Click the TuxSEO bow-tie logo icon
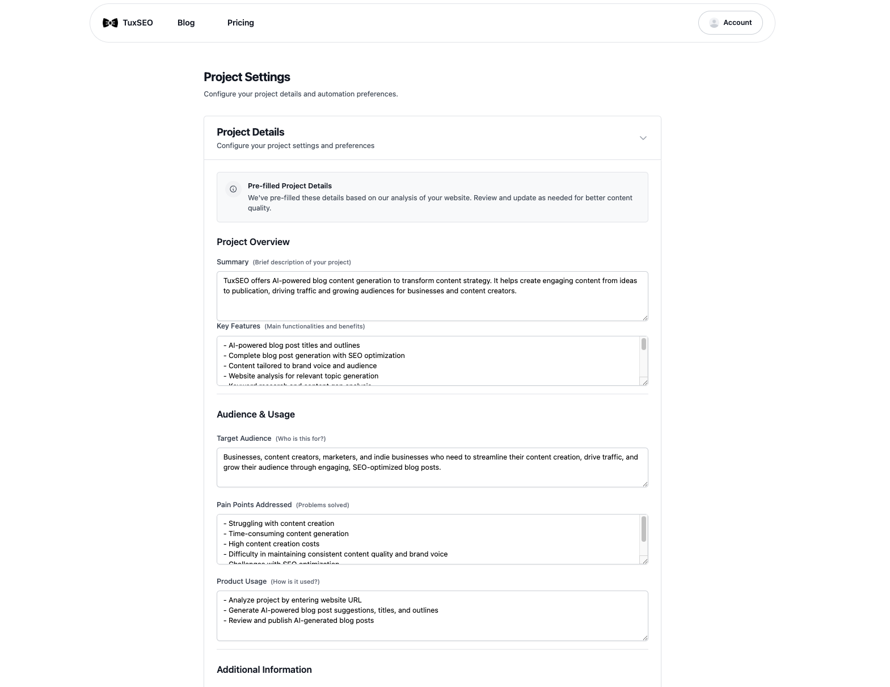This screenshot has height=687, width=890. [110, 23]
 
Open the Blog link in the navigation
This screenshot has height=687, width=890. [186, 23]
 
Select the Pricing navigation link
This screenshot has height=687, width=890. [241, 23]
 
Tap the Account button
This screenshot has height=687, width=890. [730, 23]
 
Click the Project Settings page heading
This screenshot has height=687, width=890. [247, 77]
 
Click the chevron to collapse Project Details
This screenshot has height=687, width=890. [643, 138]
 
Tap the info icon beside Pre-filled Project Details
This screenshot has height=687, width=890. [233, 189]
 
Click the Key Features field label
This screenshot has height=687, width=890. [238, 326]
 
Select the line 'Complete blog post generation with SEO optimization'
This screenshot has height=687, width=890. [317, 356]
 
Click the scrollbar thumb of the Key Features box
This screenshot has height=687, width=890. [643, 344]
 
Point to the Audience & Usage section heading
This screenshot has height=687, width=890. [255, 414]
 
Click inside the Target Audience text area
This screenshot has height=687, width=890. [431, 471]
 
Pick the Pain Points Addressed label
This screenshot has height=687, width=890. [254, 505]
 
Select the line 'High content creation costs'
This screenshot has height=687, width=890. [274, 544]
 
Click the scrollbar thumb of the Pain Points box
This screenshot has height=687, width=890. [643, 529]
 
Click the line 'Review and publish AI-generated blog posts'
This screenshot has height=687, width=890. [301, 621]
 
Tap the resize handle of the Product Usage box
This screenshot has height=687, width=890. [645, 638]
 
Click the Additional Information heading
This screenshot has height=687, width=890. [264, 669]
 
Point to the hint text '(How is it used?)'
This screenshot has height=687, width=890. [295, 581]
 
